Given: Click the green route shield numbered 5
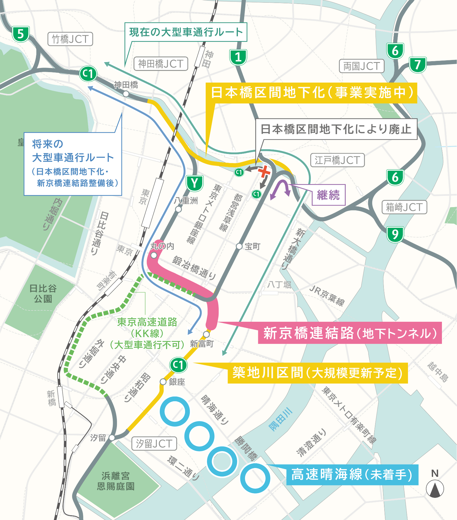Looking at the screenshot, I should (x=20, y=34).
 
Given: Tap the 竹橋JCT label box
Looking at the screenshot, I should (x=70, y=39).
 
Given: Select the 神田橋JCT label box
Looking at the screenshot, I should (x=161, y=64).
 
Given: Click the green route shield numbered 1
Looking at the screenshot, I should (x=238, y=57).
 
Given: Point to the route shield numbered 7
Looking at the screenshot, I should (x=417, y=64).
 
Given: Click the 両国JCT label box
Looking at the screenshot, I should (x=362, y=66).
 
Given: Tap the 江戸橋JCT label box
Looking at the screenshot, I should (x=337, y=160).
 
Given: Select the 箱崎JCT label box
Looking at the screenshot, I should (x=404, y=207).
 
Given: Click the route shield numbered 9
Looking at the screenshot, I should (x=395, y=234).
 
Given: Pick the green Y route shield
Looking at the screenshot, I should (x=194, y=183).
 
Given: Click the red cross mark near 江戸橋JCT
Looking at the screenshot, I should (x=264, y=172).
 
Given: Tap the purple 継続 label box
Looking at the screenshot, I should (x=329, y=195).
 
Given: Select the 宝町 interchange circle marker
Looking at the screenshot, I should (x=239, y=246).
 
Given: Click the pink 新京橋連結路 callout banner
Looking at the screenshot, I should (x=350, y=333).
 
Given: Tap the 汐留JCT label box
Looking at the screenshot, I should (x=154, y=443).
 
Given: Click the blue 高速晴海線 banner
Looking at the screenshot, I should (x=352, y=475).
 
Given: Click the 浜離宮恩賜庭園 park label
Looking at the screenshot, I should (x=116, y=481).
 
